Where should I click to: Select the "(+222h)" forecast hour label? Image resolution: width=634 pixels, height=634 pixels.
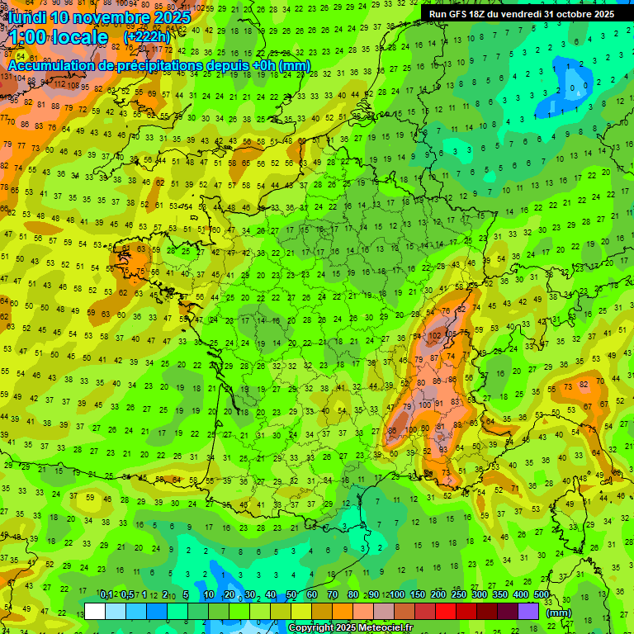click(x=147, y=37)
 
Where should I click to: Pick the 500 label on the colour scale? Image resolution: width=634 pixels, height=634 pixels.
click(x=541, y=594)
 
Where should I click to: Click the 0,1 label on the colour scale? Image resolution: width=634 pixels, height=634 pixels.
click(x=106, y=594)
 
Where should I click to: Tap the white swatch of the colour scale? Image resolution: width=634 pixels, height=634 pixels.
click(x=95, y=611)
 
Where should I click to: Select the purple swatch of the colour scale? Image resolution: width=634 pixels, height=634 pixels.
click(x=528, y=611)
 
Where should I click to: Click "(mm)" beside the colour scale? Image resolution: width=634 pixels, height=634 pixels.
click(x=559, y=613)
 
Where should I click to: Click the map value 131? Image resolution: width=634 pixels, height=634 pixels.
click(x=7, y=76)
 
